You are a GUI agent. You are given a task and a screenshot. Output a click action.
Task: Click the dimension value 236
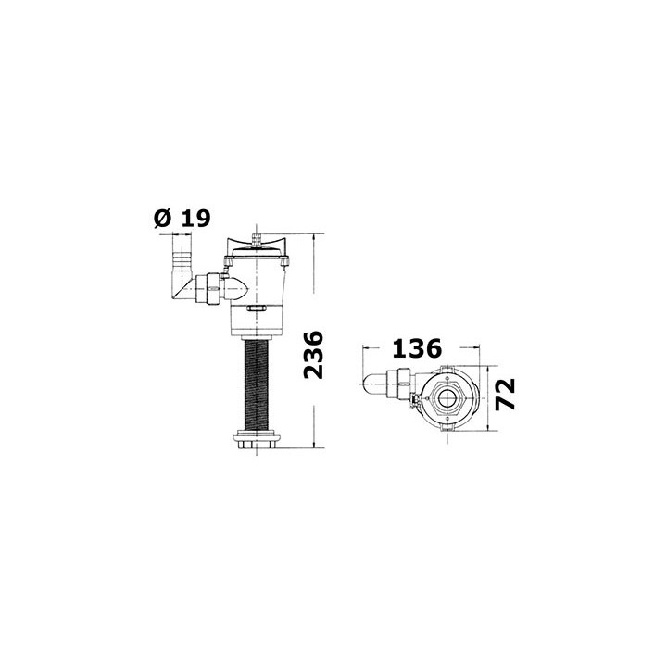(x=314, y=355)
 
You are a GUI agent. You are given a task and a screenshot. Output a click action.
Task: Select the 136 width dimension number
(x=417, y=348)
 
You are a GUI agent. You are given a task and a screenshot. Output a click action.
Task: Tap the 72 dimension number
(x=506, y=394)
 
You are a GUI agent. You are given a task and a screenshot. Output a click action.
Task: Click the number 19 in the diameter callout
(x=195, y=218)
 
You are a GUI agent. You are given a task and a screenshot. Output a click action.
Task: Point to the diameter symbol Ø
(x=163, y=219)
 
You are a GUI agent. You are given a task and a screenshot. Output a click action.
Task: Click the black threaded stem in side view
(x=256, y=385)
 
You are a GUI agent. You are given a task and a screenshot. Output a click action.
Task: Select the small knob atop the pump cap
(x=257, y=238)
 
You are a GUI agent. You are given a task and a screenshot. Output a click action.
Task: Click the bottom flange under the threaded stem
(x=257, y=440)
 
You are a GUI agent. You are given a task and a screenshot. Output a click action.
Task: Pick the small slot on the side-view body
(x=256, y=308)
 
